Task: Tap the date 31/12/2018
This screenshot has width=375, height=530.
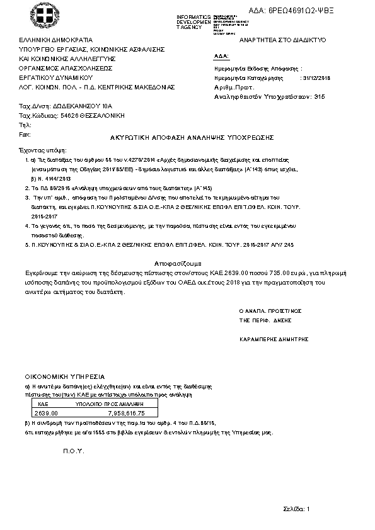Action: coord(316,78)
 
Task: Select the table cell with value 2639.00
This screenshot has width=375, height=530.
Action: coord(46,413)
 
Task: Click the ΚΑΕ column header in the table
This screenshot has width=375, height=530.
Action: coord(44,403)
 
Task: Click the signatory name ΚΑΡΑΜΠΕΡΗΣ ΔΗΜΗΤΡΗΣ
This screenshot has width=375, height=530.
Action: coord(274,339)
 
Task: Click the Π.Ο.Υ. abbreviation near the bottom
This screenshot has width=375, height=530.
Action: coord(74,451)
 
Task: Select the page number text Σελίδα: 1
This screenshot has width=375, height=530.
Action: coord(297,508)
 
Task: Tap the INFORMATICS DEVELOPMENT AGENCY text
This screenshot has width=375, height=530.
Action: coord(194,22)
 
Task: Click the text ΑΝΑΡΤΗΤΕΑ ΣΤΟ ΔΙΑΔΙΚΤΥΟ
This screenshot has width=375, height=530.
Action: coord(278,40)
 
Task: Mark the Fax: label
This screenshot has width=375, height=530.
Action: coord(25,134)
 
